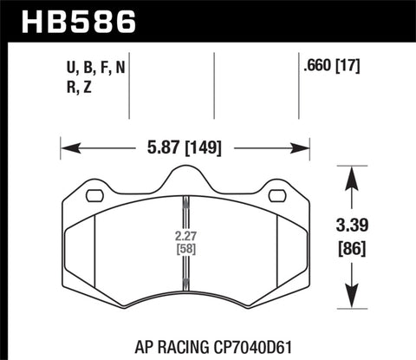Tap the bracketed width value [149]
203,147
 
